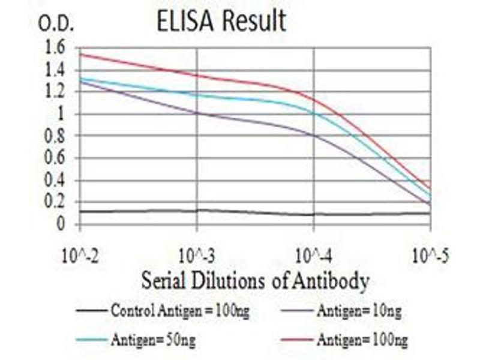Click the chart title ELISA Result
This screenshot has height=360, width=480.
(x=221, y=22)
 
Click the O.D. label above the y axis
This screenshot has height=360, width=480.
(x=56, y=23)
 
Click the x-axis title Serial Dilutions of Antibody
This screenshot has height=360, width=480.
(x=254, y=280)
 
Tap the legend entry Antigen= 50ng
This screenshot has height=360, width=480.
(x=153, y=340)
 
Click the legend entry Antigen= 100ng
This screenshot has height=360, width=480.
(x=363, y=340)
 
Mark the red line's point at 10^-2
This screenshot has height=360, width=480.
(x=80, y=54)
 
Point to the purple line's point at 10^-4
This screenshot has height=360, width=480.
(x=314, y=135)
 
